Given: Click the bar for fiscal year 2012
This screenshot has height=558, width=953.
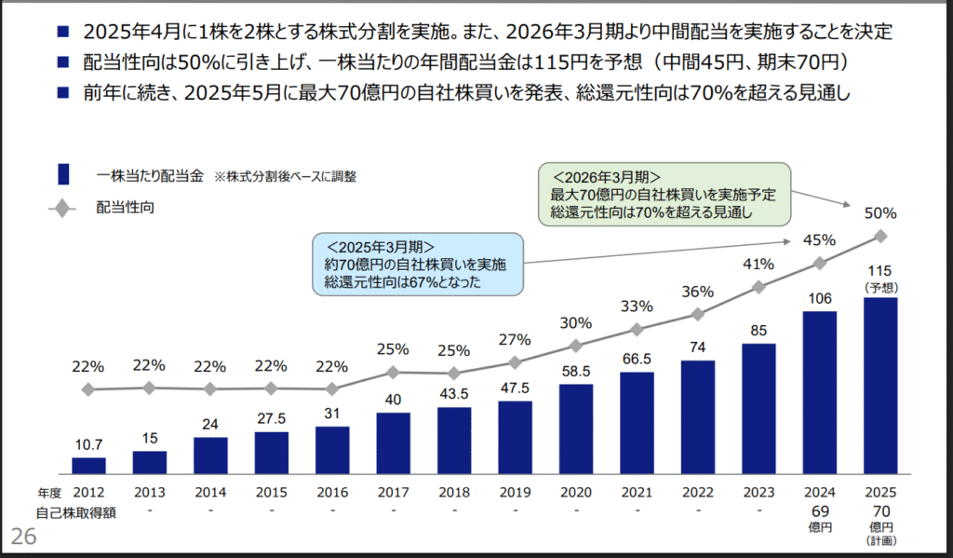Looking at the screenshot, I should pos(88,465).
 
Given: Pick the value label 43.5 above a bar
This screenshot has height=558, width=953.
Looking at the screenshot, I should pos(454,392).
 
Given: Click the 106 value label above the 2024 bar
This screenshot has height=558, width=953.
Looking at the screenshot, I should pos(819,298).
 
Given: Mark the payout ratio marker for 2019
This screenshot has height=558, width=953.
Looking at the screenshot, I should pos(515,361).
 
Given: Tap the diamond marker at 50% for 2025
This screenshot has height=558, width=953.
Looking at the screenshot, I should pos(880,237).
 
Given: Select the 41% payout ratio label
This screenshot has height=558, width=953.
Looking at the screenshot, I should pos(758,264).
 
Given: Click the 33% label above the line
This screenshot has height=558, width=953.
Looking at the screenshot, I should pos(637,306).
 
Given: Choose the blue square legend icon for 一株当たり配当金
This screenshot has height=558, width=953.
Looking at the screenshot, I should pos(64,174).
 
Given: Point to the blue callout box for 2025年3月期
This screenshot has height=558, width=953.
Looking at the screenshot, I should pos(416,264).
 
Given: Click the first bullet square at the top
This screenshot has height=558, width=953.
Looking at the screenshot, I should pos(62,32).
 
